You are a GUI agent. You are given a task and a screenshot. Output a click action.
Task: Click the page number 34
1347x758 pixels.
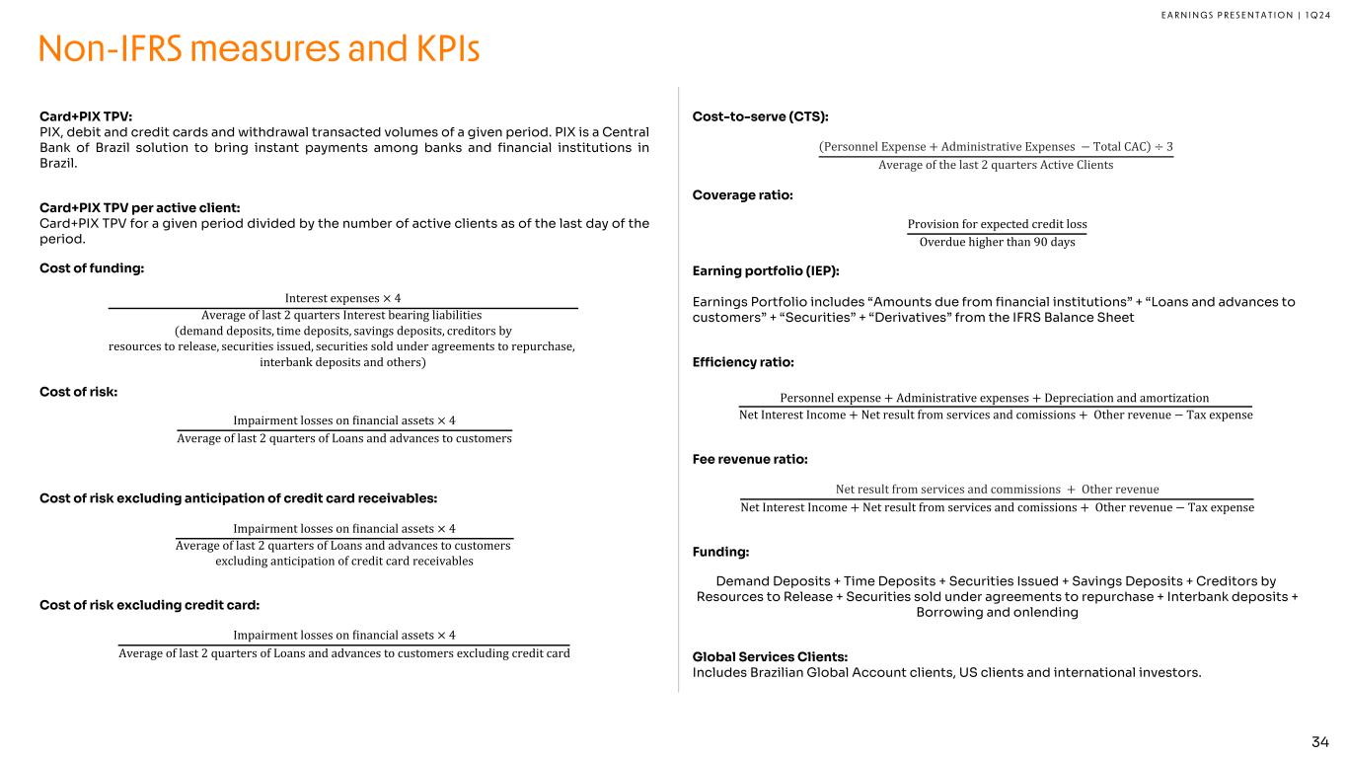(x=1320, y=741)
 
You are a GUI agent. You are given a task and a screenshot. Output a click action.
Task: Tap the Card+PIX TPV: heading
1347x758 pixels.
(x=85, y=115)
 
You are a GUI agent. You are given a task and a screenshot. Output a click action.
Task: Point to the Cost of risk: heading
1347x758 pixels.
(x=78, y=392)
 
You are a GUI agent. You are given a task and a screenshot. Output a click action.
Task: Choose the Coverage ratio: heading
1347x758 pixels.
(x=742, y=195)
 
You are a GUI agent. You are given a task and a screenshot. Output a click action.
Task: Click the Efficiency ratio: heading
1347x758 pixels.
(x=743, y=362)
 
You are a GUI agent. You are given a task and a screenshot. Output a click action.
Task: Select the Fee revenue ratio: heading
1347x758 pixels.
(x=750, y=459)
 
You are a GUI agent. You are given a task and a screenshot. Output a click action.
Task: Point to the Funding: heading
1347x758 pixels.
(x=720, y=552)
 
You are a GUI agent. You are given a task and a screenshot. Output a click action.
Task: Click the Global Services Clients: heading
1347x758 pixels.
(x=770, y=657)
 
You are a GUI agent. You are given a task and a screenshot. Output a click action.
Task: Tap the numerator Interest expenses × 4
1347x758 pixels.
(x=342, y=298)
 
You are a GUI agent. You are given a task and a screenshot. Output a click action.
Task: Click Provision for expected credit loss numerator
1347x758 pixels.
(x=997, y=224)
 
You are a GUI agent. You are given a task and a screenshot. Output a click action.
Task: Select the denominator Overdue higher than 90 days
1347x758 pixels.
(x=997, y=243)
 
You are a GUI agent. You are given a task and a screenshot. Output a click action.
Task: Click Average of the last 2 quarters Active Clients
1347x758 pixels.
(x=996, y=165)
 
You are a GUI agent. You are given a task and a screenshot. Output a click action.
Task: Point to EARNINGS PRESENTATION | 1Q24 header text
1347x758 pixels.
(x=1234, y=14)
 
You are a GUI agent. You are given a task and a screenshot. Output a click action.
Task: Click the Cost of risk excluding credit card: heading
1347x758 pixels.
(x=149, y=605)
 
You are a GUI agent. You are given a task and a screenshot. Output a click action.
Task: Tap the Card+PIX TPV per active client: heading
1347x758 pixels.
(x=139, y=207)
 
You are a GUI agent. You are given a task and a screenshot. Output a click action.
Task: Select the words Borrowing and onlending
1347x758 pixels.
(x=997, y=612)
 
